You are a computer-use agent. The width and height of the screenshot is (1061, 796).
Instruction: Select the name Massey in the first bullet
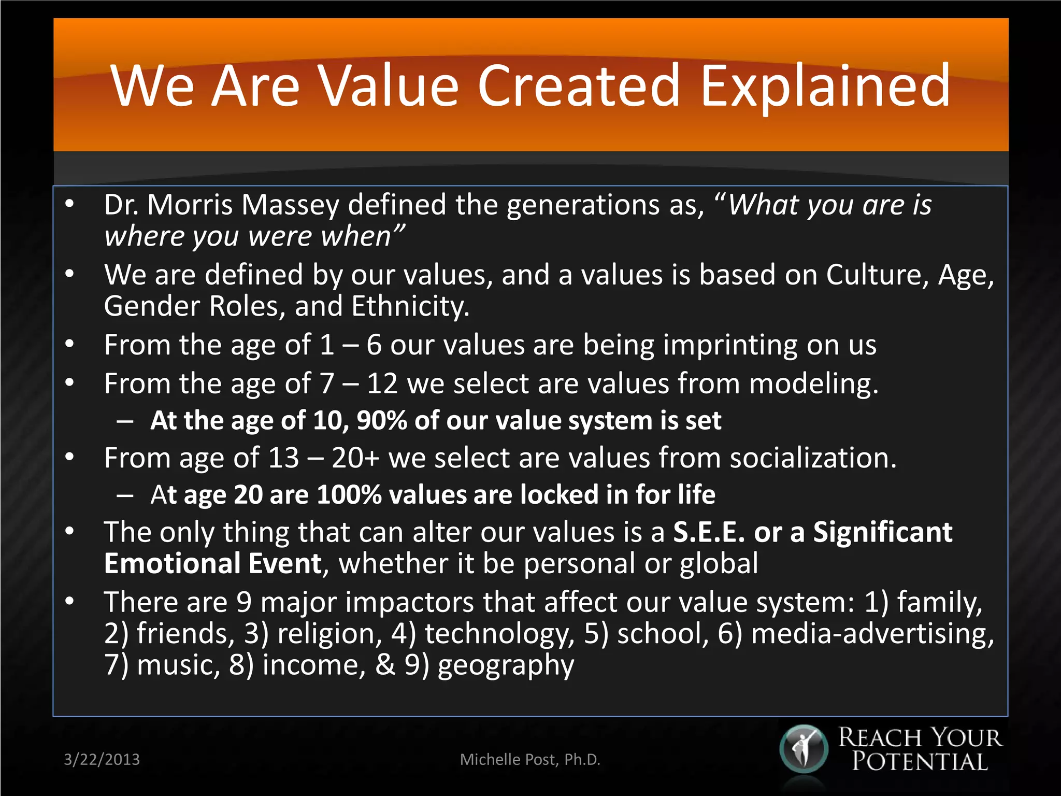290,205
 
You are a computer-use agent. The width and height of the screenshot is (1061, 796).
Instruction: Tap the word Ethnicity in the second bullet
410,306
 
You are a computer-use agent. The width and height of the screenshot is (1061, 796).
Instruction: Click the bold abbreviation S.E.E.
708,532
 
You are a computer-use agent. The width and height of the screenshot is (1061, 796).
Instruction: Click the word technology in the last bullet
499,634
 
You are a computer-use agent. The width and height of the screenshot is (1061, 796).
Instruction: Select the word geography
506,666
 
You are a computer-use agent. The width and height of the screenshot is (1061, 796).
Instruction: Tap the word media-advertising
872,634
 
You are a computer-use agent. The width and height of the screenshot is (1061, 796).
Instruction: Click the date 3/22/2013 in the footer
102,760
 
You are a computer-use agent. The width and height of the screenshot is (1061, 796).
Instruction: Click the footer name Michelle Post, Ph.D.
530,760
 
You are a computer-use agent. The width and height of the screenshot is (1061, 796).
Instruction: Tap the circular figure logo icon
804,749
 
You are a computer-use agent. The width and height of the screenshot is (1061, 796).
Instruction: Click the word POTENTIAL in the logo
920,762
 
